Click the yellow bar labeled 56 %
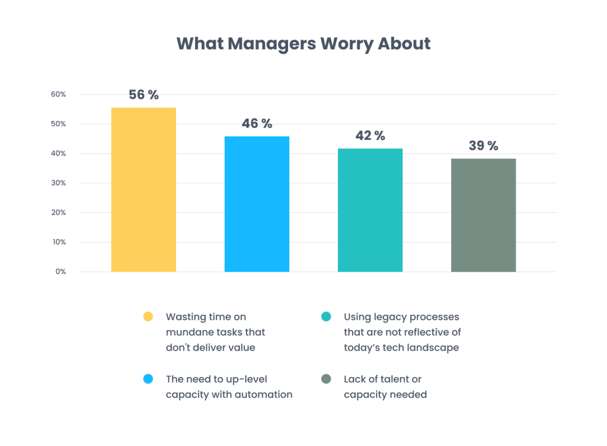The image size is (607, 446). point(143,190)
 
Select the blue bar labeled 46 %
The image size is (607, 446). point(257,204)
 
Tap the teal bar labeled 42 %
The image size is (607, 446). point(370,210)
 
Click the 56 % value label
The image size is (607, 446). point(143,95)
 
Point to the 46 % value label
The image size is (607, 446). point(257,124)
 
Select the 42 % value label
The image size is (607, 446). point(370,136)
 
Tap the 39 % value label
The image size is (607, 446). point(483,146)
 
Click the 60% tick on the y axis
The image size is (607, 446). point(57,95)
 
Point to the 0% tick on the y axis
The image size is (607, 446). point(60,272)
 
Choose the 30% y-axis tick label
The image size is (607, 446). point(57,183)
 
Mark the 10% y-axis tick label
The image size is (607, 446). point(58,242)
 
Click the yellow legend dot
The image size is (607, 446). point(148,317)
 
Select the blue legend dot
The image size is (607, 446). point(148,379)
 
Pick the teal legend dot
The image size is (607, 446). point(325,317)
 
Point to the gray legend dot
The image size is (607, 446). point(325,379)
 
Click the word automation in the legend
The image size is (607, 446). point(264,394)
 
